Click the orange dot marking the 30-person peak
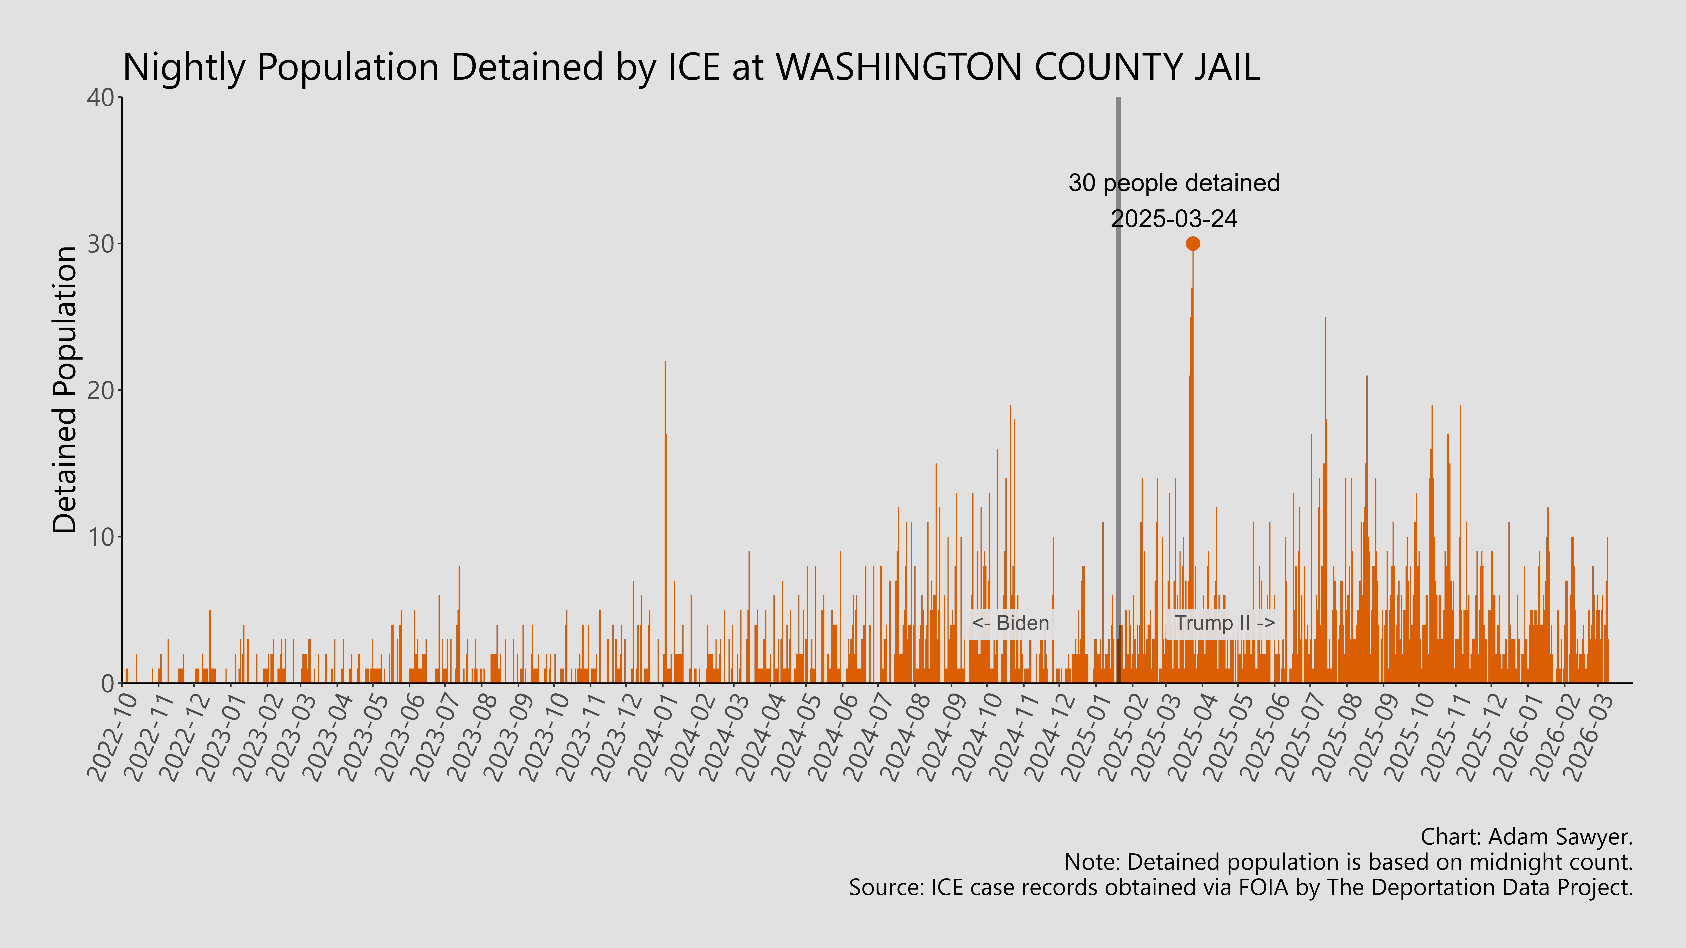pyautogui.click(x=1192, y=243)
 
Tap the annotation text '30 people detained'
pyautogui.click(x=1174, y=183)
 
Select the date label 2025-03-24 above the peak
pyautogui.click(x=1174, y=219)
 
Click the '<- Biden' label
pyautogui.click(x=1010, y=623)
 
